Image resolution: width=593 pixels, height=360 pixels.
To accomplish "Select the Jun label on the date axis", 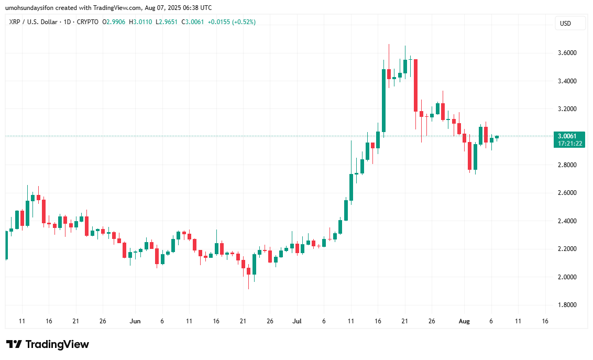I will (x=135, y=321).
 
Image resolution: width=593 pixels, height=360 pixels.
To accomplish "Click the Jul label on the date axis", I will (x=296, y=321).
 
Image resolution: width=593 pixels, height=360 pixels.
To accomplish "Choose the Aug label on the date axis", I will (x=464, y=321).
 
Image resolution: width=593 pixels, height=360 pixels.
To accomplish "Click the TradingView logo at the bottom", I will (x=48, y=344).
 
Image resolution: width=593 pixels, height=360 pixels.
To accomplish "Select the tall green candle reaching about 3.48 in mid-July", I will (x=383, y=100).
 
